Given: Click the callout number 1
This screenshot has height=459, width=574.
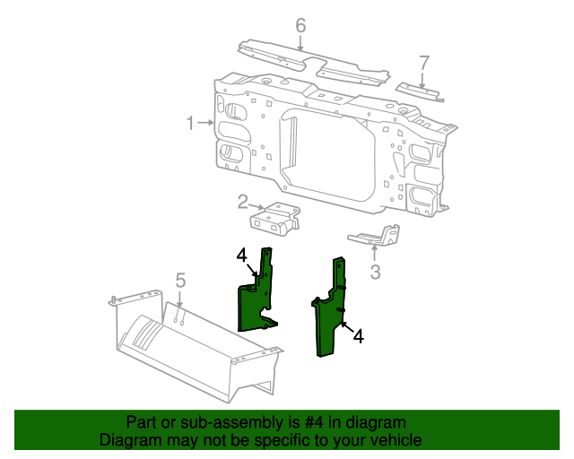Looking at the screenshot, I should pyautogui.click(x=190, y=123).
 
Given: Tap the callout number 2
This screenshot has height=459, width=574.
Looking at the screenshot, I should pyautogui.click(x=242, y=201).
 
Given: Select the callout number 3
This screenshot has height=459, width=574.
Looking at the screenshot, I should pyautogui.click(x=375, y=273).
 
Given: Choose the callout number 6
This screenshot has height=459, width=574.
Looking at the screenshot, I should pyautogui.click(x=300, y=25).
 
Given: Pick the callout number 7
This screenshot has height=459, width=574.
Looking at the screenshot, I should pyautogui.click(x=424, y=62).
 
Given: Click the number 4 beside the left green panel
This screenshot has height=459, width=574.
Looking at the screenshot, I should pyautogui.click(x=242, y=256).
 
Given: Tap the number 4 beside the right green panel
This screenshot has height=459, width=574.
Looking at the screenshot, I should pyautogui.click(x=359, y=336).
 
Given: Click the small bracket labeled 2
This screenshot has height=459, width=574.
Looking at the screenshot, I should pyautogui.click(x=274, y=219).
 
